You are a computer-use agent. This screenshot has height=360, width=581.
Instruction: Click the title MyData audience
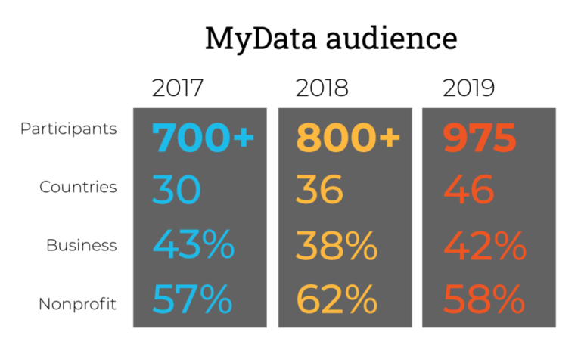[x=331, y=38]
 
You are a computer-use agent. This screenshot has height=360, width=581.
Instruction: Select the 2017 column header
[x=178, y=88]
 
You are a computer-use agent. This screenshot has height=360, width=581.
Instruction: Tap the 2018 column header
[x=322, y=88]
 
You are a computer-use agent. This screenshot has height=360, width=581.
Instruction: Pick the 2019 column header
[x=468, y=88]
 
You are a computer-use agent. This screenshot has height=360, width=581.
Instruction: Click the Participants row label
[x=69, y=129]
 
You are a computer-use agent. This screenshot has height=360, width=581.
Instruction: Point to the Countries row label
[x=78, y=187]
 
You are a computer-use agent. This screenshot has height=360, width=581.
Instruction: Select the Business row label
[x=82, y=245]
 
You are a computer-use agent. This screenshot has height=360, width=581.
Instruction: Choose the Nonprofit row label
[x=78, y=304]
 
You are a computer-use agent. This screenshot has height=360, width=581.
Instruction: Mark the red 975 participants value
[x=479, y=137]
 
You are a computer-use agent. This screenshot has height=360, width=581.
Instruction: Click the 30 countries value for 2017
[x=176, y=190]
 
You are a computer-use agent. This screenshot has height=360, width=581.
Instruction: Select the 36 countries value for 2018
[x=319, y=190]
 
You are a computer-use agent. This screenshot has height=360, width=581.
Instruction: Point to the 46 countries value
[x=469, y=190]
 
